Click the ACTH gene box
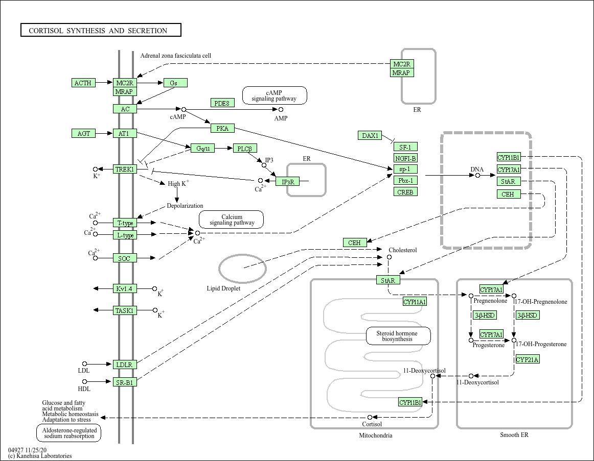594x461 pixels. [83, 83]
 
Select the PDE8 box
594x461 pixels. [222, 103]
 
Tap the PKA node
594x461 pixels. [223, 129]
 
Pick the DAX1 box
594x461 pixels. [370, 135]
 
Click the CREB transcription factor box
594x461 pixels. [405, 192]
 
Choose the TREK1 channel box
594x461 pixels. [125, 169]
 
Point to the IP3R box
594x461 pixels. [288, 182]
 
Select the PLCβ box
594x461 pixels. [245, 149]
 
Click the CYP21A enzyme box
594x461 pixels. [528, 359]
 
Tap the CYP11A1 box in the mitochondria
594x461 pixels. [415, 302]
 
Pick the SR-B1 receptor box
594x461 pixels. [125, 382]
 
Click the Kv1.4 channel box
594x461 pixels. [125, 289]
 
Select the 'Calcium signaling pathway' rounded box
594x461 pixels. [232, 220]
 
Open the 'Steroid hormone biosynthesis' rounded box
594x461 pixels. [398, 336]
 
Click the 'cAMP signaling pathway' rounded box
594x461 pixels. [275, 95]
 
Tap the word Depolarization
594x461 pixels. [185, 206]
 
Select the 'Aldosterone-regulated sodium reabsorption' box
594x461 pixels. [69, 433]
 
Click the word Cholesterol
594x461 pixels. [403, 250]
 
